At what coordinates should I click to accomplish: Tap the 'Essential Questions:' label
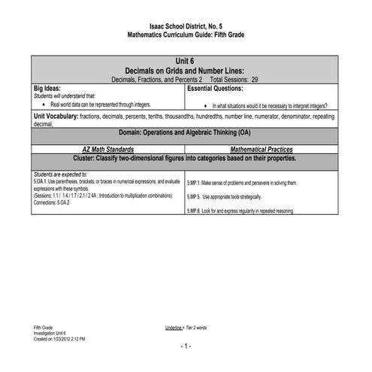219,88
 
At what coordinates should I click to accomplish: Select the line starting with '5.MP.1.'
242,183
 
